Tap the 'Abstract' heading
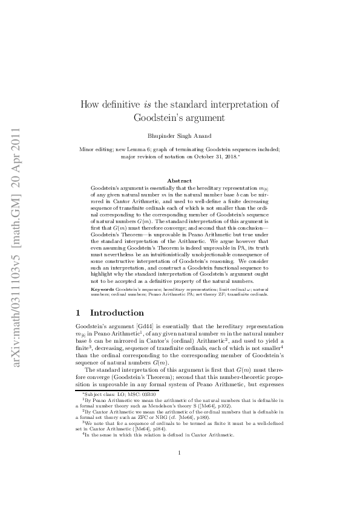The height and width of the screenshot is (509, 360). coord(180,181)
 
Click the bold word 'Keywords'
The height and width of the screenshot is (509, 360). coord(102,290)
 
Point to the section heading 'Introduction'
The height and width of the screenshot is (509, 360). coord(117,313)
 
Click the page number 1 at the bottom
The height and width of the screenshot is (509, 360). coord(180,470)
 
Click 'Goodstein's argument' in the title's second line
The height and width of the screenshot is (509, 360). coord(180,117)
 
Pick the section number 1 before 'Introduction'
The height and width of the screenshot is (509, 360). coord(77,313)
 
